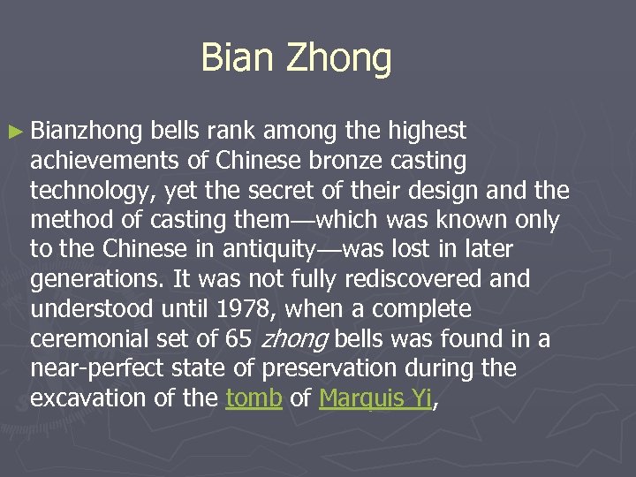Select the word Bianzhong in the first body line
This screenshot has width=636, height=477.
pos(86,132)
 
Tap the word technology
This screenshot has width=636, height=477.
pos(95,191)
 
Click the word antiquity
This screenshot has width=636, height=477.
pos(275,250)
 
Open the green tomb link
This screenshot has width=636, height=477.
pos(254,398)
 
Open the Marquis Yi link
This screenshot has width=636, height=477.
pos(375,398)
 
